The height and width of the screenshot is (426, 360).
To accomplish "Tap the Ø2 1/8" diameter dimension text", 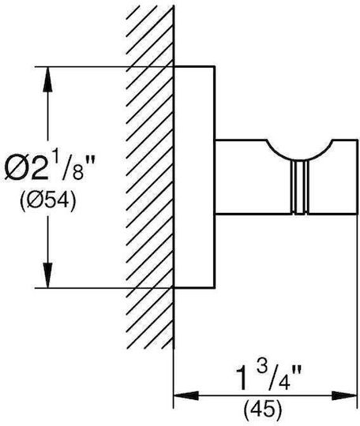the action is (50, 169).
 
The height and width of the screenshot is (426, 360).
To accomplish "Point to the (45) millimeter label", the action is (263, 408).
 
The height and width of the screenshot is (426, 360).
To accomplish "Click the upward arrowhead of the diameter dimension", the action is (48, 79).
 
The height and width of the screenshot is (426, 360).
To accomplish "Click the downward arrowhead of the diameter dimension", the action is (48, 275).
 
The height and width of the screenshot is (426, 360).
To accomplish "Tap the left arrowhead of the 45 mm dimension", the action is (186, 395).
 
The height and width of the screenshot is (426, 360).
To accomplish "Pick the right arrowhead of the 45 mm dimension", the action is (344, 395).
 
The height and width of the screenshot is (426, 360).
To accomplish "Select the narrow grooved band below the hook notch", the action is (299, 188).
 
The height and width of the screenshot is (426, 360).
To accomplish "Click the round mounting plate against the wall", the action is (195, 177).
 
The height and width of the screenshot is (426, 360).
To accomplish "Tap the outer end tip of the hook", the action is (358, 177).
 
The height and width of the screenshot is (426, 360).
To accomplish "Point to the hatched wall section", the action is (150, 177).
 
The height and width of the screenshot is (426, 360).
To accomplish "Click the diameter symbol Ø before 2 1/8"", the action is (17, 169).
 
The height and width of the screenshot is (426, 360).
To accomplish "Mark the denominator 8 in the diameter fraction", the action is (78, 173).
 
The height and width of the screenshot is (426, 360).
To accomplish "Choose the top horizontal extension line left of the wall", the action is (104, 66).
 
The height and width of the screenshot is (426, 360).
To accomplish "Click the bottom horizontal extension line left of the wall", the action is (104, 287).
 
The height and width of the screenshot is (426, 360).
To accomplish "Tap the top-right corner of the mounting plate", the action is (215, 66).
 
